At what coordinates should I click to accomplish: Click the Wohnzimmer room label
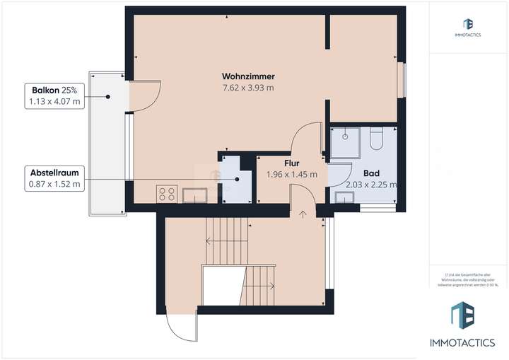pos(247,76)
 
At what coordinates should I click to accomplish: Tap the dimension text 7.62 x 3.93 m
pos(247,88)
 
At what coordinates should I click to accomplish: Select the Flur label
pos(291,163)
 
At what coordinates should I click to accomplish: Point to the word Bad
pos(370,173)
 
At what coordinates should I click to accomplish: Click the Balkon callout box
pos(55,95)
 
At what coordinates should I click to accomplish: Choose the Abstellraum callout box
pos(55,178)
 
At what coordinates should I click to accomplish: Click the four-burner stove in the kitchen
pos(167,193)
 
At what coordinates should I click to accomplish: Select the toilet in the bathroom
pos(375,139)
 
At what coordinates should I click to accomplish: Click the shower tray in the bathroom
pos(346,143)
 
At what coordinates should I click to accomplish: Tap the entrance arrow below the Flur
pos(303,212)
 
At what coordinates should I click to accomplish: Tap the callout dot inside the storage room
pos(238,179)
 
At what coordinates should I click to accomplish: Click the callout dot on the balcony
pos(107,97)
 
